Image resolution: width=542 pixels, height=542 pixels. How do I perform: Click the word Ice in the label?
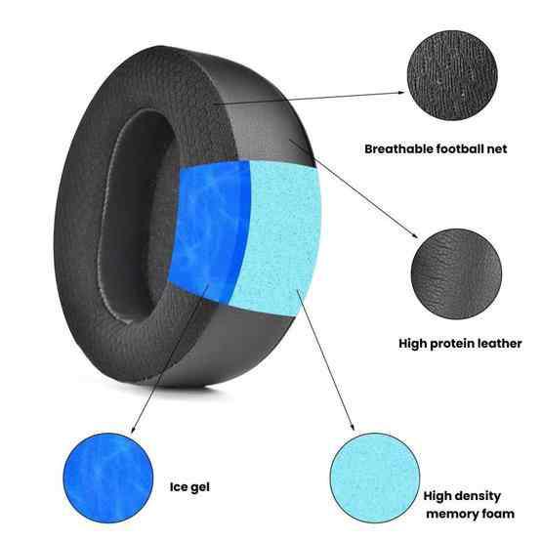[178, 486]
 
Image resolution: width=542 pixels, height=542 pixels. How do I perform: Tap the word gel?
[200, 487]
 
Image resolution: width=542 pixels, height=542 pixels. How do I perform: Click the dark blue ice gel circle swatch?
[108, 478]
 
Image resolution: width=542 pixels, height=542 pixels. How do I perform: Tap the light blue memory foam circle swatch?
[375, 479]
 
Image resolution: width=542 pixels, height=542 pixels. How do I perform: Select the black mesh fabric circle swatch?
[452, 75]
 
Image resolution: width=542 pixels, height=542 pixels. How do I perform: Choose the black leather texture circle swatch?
[456, 273]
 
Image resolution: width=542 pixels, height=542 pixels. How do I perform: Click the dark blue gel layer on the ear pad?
[209, 229]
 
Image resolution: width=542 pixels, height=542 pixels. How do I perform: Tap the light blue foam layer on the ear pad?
[280, 238]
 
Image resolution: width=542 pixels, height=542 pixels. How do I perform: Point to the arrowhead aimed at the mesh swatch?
[401, 93]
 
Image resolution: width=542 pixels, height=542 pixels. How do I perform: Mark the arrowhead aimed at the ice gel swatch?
[133, 430]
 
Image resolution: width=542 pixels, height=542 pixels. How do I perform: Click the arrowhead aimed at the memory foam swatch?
[353, 427]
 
